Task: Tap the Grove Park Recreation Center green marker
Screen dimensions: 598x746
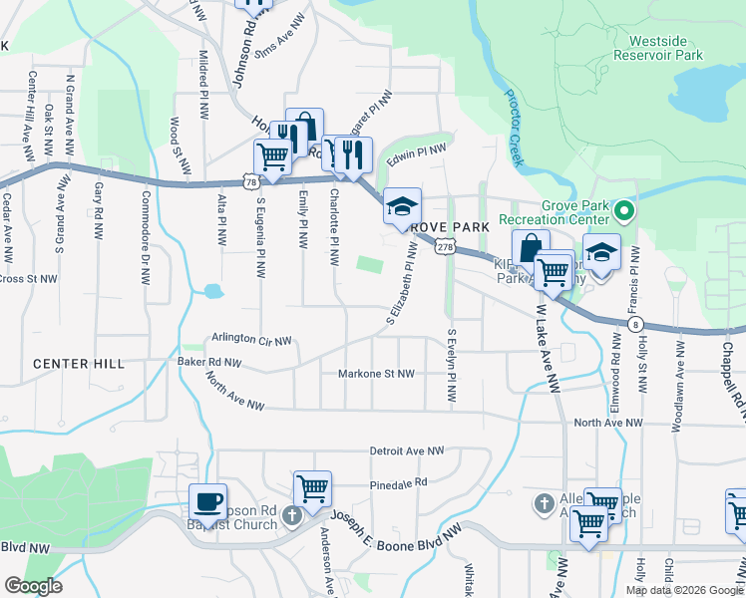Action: click(624, 210)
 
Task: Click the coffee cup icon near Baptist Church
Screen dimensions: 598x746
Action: click(207, 501)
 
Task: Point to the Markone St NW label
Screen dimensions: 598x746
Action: click(378, 374)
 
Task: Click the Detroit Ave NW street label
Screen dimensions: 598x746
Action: click(406, 450)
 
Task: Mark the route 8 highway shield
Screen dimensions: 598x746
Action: click(635, 325)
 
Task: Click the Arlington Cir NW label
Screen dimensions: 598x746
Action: click(250, 340)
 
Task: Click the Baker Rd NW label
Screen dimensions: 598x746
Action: click(209, 362)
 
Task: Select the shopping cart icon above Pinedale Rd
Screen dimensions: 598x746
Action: click(313, 488)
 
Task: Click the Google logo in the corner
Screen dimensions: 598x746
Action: click(33, 586)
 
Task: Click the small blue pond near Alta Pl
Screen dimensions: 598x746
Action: click(211, 292)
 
